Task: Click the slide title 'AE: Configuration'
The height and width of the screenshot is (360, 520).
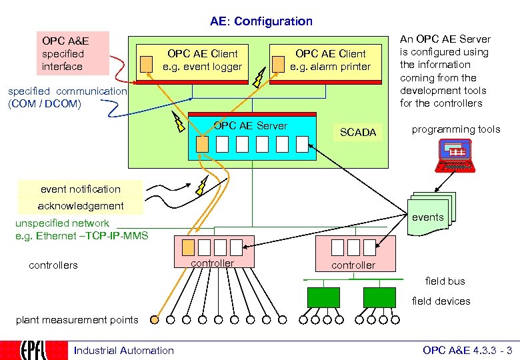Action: [261, 21]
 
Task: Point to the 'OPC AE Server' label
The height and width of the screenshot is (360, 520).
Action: [250, 126]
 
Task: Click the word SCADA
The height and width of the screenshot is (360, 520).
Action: [358, 133]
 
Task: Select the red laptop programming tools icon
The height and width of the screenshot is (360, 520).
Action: [456, 155]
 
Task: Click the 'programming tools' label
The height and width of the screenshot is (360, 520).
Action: [455, 129]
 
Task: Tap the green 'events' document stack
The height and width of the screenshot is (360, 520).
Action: [430, 216]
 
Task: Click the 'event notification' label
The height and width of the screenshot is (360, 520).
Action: [81, 189]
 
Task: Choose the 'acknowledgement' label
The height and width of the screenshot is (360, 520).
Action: [81, 206]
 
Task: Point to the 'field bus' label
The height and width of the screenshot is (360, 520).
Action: [445, 281]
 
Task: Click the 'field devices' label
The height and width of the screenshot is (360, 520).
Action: [441, 301]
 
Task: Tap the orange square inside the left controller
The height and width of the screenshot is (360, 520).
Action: [189, 247]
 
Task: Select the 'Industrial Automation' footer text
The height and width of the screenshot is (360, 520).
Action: [123, 351]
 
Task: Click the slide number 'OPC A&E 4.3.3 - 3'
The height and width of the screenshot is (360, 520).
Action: [467, 351]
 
